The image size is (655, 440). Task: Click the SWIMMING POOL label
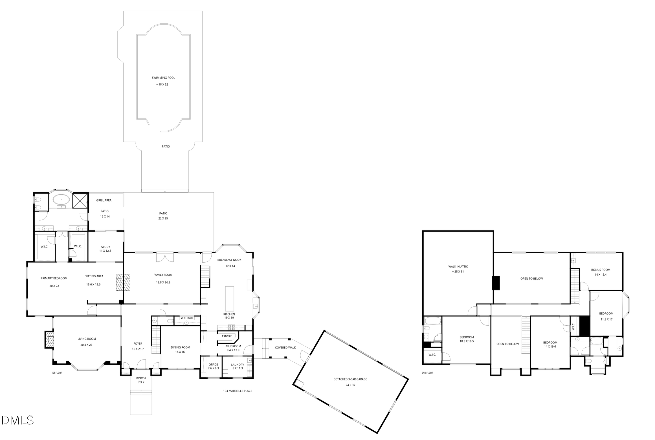point(163,78)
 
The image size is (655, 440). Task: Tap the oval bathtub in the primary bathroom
point(61,200)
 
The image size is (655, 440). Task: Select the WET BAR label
point(187,318)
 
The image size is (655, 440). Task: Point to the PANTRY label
point(227,336)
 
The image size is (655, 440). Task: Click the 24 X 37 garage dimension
point(350,385)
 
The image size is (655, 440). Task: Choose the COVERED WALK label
point(285,347)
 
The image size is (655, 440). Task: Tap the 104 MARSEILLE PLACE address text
point(238,391)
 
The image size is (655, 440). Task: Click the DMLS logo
point(17,420)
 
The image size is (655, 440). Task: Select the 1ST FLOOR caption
point(57,373)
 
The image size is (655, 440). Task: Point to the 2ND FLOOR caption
point(427,373)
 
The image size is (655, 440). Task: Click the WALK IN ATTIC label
point(458,266)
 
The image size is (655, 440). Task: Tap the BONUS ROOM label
point(601,270)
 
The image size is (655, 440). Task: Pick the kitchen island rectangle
point(229,299)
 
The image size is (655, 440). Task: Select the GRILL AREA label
point(104,200)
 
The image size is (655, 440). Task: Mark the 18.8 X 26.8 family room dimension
point(163,282)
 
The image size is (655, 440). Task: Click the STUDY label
point(105,247)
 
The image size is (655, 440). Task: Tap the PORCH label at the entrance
point(141,378)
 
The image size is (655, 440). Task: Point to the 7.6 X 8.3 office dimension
point(213,368)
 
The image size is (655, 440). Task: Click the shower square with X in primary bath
point(80,201)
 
